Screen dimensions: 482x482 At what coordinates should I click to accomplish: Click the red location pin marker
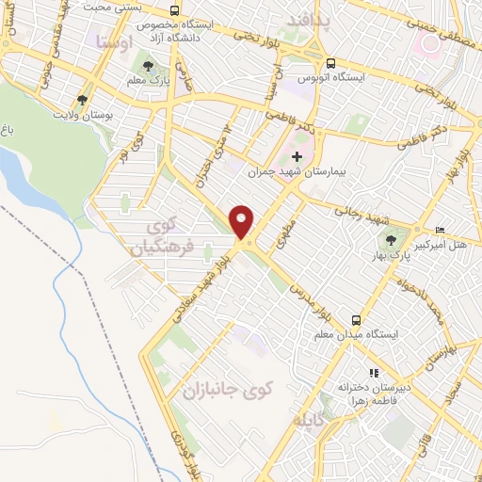click(x=243, y=221)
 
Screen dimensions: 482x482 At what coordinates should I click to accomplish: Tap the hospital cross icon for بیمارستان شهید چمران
click(x=297, y=156)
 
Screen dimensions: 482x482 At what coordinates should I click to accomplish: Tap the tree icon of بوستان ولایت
click(x=83, y=100)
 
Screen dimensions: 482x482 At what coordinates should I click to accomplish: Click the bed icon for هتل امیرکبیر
click(x=440, y=230)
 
